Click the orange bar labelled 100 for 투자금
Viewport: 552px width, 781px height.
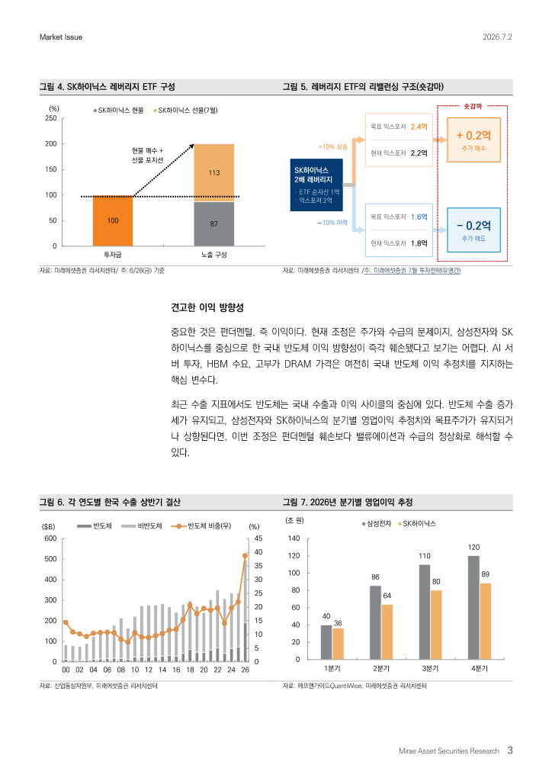(113, 220)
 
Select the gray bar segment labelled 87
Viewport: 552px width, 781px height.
(213, 224)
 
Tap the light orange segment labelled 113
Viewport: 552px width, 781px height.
(213, 173)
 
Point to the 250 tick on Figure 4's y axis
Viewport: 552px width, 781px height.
(51, 118)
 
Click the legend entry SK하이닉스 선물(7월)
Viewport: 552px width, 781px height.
(185, 110)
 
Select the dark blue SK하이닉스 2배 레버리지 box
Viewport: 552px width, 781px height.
(316, 185)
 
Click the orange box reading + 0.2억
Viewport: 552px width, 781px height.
(473, 140)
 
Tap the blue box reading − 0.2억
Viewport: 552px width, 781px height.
(473, 230)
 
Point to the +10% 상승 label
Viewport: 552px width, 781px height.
(333, 146)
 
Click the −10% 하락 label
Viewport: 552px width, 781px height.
(332, 223)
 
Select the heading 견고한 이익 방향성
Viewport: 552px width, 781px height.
(207, 307)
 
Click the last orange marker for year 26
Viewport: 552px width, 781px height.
(245, 555)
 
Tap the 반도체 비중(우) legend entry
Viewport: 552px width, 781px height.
(201, 526)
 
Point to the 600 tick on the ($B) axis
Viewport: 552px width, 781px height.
(51, 538)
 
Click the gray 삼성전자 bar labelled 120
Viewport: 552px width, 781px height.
(473, 608)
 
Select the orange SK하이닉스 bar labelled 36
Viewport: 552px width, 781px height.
(338, 644)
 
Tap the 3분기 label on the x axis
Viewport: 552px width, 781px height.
(430, 668)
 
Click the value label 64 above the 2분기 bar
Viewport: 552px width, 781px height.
(387, 596)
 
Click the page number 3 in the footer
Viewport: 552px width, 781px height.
(510, 750)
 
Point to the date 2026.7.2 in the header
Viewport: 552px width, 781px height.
(497, 37)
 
